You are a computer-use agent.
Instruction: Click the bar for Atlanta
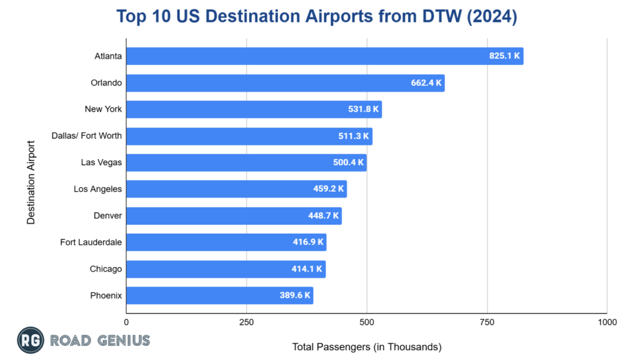pos(325,56)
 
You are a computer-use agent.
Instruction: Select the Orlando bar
pos(285,83)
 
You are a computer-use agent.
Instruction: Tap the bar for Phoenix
pos(219,296)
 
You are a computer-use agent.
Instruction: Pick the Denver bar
pos(234,216)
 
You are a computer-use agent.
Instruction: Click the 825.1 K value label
pos(505,56)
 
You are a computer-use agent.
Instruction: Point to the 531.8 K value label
pos(363,109)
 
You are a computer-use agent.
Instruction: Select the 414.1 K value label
pos(307,269)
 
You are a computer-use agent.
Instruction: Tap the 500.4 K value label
pos(349,163)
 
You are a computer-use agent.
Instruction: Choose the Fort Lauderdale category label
pos(91,242)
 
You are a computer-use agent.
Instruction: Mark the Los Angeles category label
pos(98,189)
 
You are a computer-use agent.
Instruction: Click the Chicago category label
pos(106,269)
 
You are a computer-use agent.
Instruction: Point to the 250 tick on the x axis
pos(247,322)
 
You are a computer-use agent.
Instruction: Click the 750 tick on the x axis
pos(487,322)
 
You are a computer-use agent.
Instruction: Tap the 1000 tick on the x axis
pos(607,322)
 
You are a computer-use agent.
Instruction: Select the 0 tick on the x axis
pos(127,322)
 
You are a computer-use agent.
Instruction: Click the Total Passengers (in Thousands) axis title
pos(367,347)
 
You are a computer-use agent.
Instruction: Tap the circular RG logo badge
pos(30,340)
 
